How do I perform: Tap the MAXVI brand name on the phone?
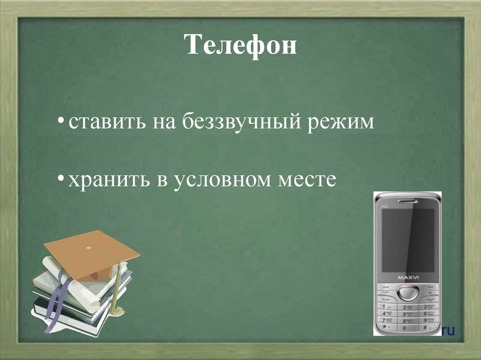(408, 278)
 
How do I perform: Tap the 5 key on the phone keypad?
(407, 313)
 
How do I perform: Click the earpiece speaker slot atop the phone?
(407, 201)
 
